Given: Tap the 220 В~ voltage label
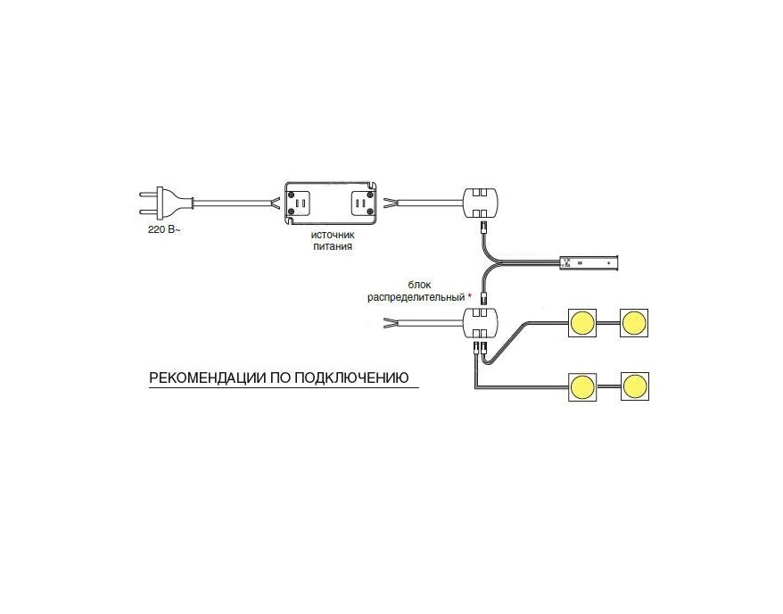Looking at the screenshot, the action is pos(164,230).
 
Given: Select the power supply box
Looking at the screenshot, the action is pos(330,203).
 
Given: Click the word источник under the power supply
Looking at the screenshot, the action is pos(333,235).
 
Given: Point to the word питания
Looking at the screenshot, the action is pos(333,246).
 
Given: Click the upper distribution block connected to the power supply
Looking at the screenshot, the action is pos(481,203).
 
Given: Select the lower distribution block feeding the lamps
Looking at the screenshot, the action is pos(481,324).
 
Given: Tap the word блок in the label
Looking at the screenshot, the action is pos(419,286).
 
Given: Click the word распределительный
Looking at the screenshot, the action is pos(416,298).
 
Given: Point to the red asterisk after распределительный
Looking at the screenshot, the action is pos(469,296).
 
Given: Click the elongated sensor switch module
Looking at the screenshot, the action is pos(589,262).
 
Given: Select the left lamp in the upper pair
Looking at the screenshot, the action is pos(582,323).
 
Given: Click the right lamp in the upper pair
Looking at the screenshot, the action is pos(634,323).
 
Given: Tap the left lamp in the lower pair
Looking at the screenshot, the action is pos(582,386).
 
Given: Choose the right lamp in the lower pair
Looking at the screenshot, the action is pos(635,386).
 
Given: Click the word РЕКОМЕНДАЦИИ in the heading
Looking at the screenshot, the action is pos(207,378).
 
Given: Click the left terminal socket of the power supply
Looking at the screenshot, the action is pos(301,203).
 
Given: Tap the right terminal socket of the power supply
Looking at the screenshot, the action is pos(360,203).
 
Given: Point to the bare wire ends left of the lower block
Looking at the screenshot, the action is pos(389,323).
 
